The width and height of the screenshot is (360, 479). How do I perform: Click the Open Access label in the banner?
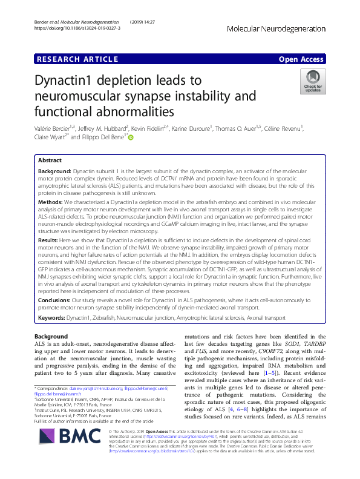click(x=303, y=59)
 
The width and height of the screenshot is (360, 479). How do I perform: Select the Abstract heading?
click(x=50, y=161)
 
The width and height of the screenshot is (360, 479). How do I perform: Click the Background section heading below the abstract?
click(x=51, y=336)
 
